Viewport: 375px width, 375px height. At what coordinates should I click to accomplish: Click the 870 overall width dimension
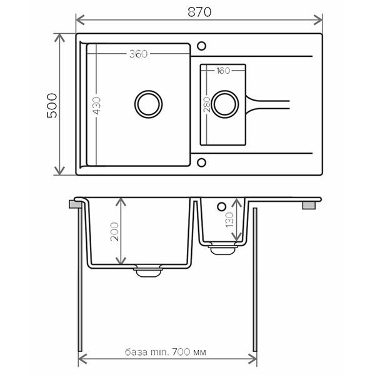coord(199,12)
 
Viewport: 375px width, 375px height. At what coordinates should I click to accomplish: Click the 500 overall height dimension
coord(52,106)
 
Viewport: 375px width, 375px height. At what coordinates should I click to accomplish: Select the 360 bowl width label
coord(138,54)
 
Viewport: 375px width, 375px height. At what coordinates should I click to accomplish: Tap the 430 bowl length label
coord(97,106)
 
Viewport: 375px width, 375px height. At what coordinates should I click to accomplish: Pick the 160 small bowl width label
coord(223,71)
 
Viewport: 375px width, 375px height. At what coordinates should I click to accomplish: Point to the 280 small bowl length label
coord(207,104)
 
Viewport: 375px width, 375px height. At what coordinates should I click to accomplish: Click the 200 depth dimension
coord(114,231)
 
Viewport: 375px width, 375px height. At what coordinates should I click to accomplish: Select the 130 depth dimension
coord(229,220)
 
